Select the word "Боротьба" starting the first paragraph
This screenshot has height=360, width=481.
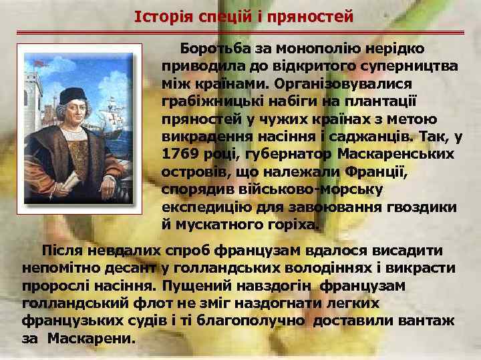coord(214,49)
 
